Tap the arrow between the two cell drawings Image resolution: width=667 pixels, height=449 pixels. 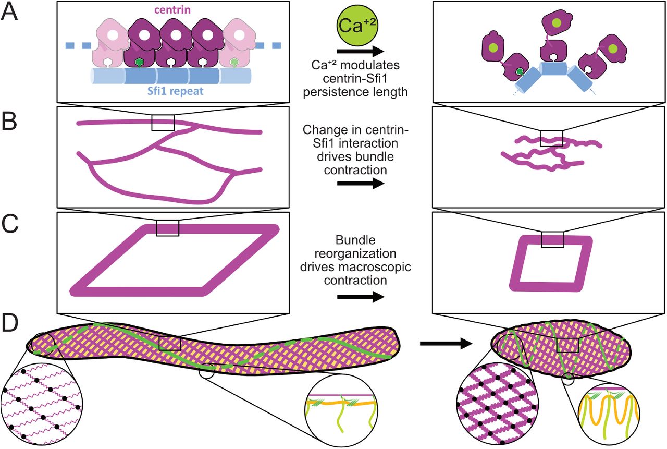click(444, 343)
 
